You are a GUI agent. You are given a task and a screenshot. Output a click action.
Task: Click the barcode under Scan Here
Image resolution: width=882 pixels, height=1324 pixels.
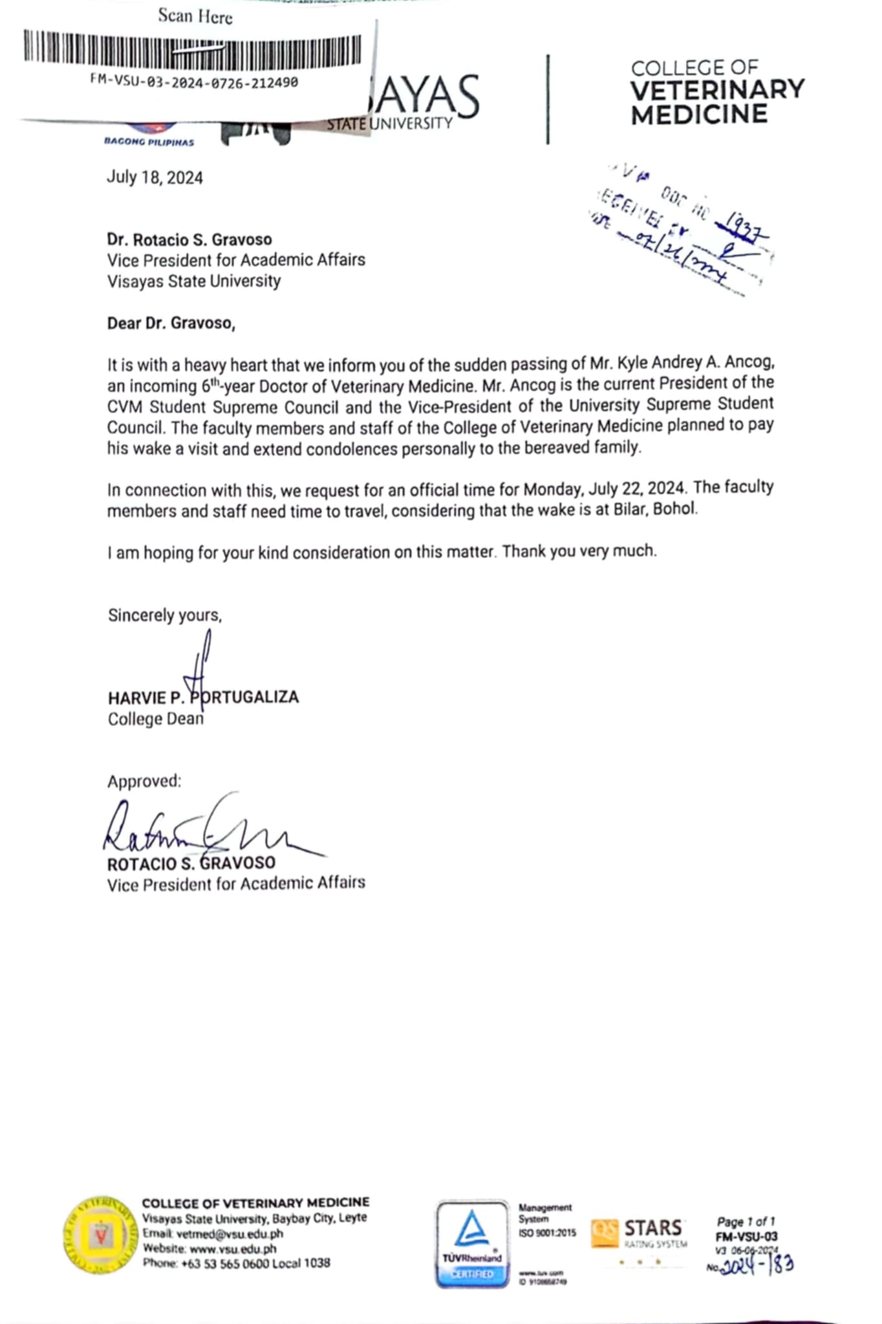(x=192, y=49)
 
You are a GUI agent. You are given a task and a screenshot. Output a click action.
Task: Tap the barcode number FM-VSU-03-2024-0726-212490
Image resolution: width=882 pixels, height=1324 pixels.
(x=194, y=82)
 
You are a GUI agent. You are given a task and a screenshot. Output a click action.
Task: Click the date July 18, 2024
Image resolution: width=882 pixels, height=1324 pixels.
(x=155, y=178)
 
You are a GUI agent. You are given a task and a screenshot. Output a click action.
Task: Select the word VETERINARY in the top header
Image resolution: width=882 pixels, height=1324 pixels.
(x=717, y=90)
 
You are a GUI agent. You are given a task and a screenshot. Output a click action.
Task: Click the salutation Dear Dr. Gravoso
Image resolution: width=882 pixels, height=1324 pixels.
(x=171, y=323)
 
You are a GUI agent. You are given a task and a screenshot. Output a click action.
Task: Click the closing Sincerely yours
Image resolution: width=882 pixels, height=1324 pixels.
(x=164, y=615)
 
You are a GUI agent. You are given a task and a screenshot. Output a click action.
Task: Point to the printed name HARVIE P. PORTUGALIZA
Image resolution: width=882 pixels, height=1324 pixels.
(x=203, y=698)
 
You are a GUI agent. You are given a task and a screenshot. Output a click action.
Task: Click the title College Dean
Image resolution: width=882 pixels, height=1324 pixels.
(x=155, y=719)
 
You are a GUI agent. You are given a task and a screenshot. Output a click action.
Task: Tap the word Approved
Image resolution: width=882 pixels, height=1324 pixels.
(x=144, y=781)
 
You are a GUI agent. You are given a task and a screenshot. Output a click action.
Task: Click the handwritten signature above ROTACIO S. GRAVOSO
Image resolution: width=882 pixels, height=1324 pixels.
(x=207, y=827)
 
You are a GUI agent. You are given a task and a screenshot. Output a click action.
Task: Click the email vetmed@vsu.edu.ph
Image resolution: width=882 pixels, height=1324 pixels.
(x=213, y=1233)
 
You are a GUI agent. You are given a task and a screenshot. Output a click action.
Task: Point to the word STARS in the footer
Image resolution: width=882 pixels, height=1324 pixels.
(x=652, y=1228)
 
